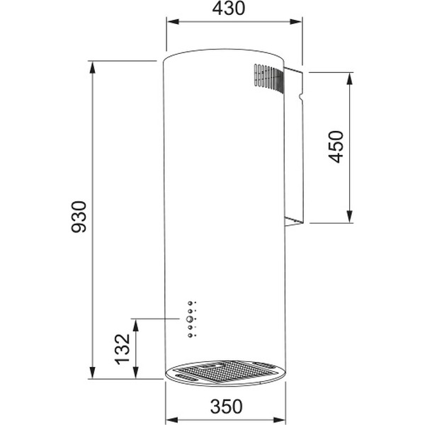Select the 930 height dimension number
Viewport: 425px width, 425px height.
pos(79,217)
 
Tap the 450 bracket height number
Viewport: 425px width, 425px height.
pos(336,146)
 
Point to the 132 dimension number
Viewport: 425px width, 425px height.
pos(123,348)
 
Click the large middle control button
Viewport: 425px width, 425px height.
pos(190,319)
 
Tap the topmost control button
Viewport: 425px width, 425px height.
pos(190,304)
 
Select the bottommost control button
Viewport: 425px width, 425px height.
pos(190,335)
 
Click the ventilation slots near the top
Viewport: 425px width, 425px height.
pos(268,76)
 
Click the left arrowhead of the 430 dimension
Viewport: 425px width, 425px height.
pos(171,21)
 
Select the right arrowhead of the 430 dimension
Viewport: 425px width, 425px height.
pos(298,21)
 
